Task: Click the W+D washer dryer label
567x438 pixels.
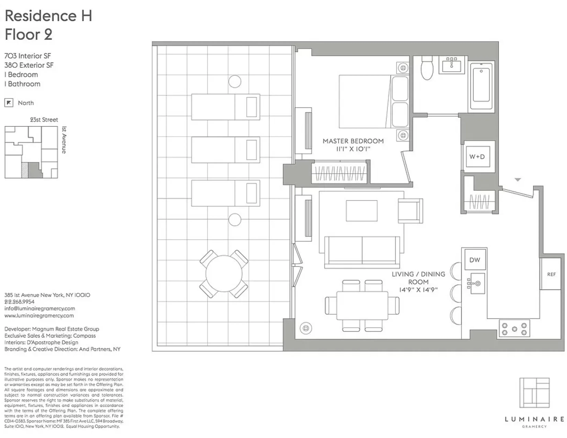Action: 477,157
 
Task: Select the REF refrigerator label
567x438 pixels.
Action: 551,274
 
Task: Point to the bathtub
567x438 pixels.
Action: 481,85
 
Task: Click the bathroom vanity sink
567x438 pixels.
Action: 452,65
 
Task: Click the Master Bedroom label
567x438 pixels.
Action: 353,141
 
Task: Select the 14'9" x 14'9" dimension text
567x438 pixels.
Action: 418,290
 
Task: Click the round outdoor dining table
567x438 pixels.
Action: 224,274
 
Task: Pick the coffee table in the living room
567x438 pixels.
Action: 361,211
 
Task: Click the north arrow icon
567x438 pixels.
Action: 9,103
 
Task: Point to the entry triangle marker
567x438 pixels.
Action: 518,179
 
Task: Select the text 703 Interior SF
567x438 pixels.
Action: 27,56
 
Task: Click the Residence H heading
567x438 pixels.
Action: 48,16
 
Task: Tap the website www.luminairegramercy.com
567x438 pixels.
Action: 39,316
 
